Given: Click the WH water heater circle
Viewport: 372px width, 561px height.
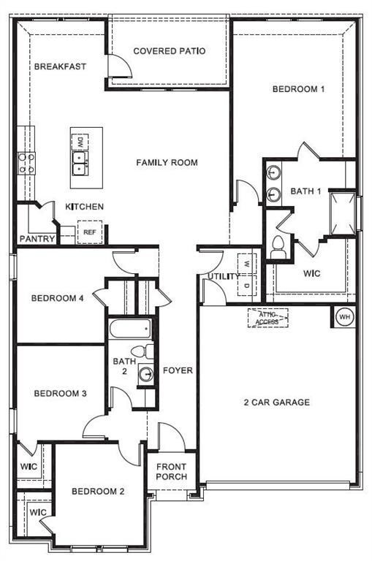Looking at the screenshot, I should (344, 317).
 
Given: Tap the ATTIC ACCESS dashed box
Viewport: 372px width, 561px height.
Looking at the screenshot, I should (267, 318).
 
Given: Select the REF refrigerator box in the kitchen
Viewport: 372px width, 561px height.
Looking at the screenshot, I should (90, 232).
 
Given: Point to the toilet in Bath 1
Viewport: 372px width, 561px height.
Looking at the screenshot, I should (278, 246).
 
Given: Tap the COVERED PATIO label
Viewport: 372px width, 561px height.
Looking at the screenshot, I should (169, 51).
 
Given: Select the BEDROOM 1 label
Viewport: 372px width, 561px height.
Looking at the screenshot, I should (298, 89).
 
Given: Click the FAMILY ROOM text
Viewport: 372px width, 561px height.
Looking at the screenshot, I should (167, 162).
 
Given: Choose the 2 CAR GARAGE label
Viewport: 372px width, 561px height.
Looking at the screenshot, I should (277, 402).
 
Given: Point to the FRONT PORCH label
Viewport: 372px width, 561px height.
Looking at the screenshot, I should (171, 472).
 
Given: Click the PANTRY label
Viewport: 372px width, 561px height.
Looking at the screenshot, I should (34, 239).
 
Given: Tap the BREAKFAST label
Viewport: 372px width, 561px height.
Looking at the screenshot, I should (60, 66).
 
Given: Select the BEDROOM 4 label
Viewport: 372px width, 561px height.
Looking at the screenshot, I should (58, 298).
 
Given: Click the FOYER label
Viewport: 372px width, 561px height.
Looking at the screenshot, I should (178, 370).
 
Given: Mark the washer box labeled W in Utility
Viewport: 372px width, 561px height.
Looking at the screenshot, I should (247, 264).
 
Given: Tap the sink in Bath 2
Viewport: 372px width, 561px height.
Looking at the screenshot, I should (147, 375).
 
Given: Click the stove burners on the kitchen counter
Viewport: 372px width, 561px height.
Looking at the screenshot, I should (26, 163).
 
